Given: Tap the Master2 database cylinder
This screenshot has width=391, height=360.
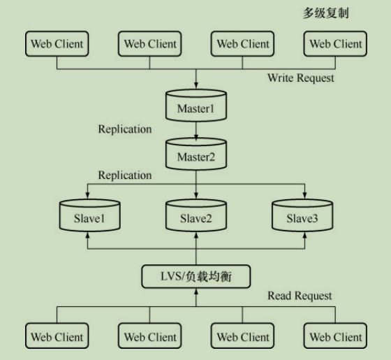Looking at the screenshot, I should click(x=196, y=155).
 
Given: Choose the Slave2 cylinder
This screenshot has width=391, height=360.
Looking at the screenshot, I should click(x=196, y=216).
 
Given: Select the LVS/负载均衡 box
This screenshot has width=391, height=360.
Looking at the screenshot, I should click(x=196, y=278).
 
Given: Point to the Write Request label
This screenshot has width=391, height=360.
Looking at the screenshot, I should click(x=300, y=78).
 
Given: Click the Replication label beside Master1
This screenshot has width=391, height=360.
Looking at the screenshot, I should click(x=125, y=129).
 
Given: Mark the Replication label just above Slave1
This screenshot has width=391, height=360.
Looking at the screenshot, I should click(x=125, y=175).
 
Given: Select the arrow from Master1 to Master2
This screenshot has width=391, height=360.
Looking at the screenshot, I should click(x=196, y=130).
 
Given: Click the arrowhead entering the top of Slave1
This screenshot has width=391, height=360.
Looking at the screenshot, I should click(x=87, y=196).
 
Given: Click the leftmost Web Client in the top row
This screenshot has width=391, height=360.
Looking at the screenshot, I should click(x=57, y=44).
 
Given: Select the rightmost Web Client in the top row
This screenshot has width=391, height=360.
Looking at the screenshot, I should click(x=335, y=44).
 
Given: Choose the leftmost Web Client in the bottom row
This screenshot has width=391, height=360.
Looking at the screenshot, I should click(x=57, y=336).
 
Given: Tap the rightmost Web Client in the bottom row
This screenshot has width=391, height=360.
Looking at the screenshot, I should click(x=335, y=336).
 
